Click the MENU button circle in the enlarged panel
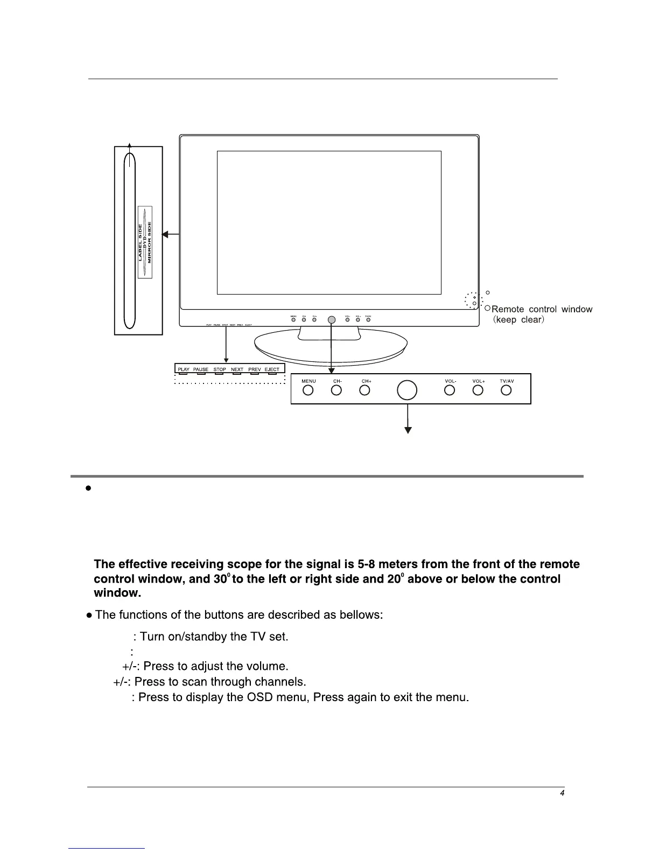(x=308, y=390)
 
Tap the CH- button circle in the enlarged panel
(x=336, y=390)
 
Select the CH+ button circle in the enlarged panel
(x=365, y=390)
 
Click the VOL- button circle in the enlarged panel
(x=450, y=390)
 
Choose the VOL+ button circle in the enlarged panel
(x=478, y=390)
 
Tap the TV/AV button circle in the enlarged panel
(x=506, y=390)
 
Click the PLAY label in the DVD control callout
(x=184, y=369)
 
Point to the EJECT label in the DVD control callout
(x=272, y=369)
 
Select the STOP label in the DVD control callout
(x=220, y=369)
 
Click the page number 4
(x=562, y=793)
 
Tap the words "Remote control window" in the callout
(x=542, y=309)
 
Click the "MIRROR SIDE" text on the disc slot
(x=150, y=242)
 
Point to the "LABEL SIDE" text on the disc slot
(x=140, y=242)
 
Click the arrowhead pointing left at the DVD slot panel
(x=166, y=234)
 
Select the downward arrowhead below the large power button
(x=408, y=430)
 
